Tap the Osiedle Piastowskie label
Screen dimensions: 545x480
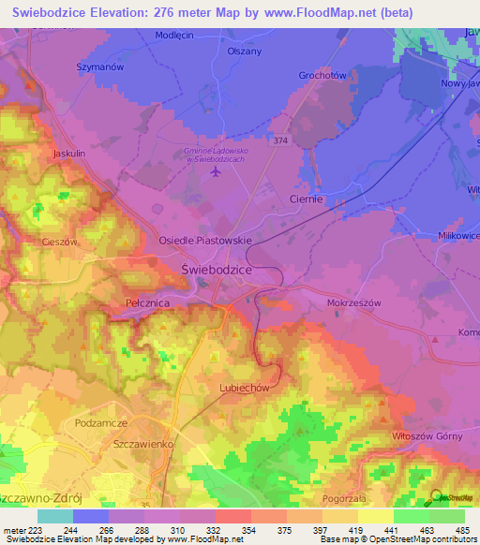206,241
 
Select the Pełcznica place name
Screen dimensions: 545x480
145,303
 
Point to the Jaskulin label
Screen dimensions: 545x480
69,152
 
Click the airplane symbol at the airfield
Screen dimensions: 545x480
216,172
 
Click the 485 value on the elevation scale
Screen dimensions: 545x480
461,530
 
